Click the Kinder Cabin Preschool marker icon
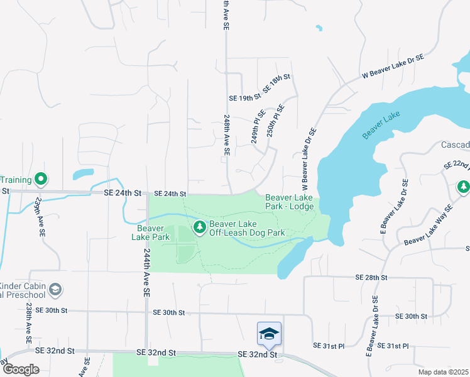(55, 289)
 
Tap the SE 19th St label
(244, 98)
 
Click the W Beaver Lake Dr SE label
(393, 66)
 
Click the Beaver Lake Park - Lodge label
(288, 202)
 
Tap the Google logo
(21, 369)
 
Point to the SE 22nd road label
(456, 165)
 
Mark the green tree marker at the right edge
(463, 187)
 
